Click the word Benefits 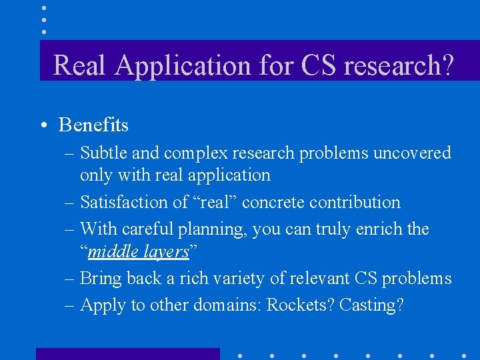click(93, 125)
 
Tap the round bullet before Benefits click(43, 125)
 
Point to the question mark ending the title click(447, 65)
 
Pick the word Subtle click(103, 153)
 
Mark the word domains click(227, 305)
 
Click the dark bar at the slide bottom click(127, 353)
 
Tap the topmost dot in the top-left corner click(43, 8)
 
